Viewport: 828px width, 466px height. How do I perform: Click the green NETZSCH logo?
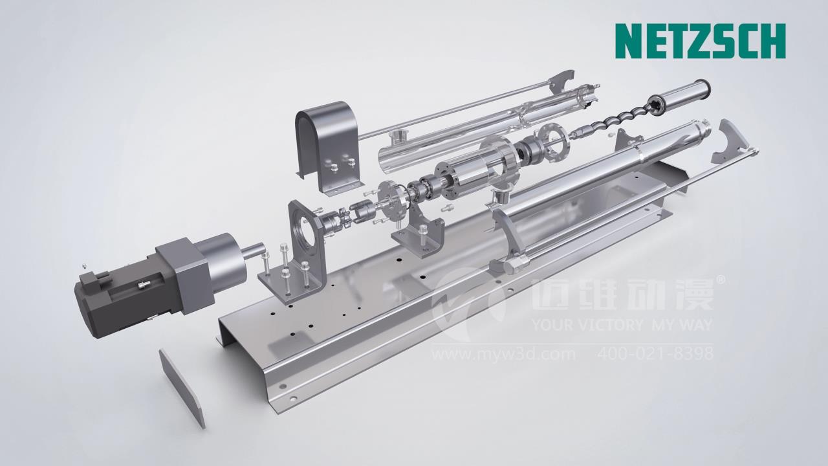700,41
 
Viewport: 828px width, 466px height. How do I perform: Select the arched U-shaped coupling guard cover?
327,146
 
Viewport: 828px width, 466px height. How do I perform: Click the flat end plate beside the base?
182,388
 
